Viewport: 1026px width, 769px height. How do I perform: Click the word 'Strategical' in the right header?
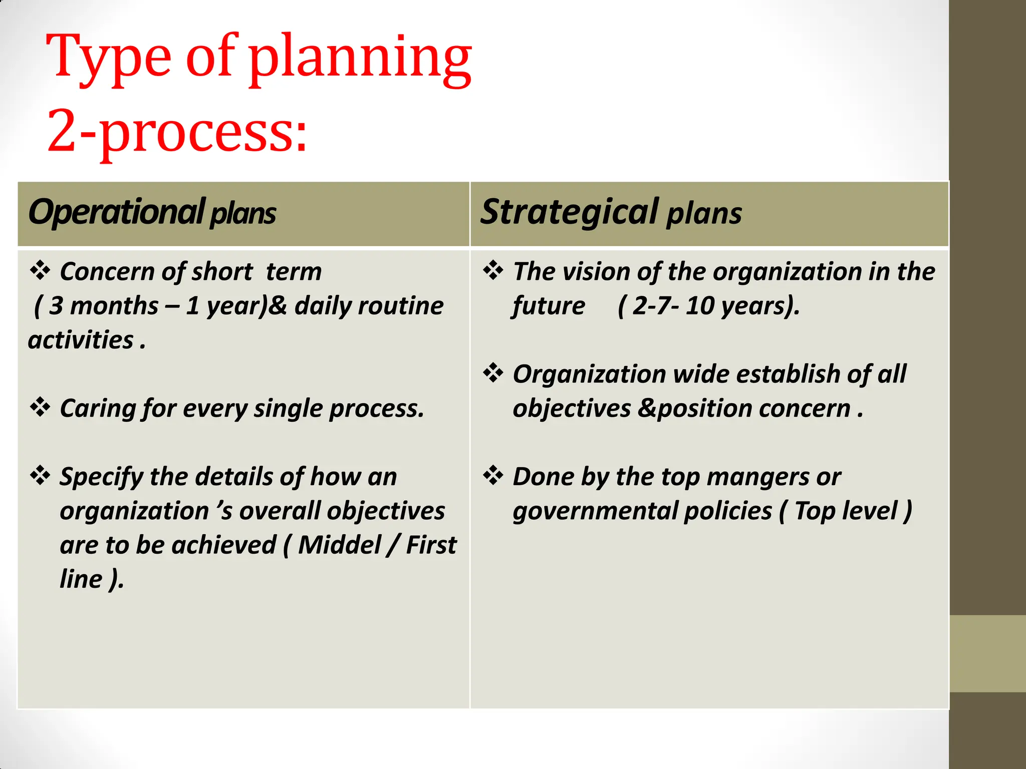click(x=569, y=212)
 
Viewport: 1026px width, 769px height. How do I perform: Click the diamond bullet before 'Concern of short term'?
click(x=40, y=271)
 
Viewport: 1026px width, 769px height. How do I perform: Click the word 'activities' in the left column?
click(x=81, y=340)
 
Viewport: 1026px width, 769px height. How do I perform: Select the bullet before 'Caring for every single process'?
click(x=40, y=408)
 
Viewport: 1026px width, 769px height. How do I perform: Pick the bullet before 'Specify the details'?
click(x=40, y=476)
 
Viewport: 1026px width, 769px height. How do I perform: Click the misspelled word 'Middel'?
click(x=340, y=545)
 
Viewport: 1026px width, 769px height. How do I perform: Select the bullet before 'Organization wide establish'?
click(x=493, y=373)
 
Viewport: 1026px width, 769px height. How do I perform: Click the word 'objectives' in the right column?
click(x=571, y=409)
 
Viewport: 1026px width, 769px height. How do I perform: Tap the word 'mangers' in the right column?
click(x=759, y=477)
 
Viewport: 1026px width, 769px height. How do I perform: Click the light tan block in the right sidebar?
click(x=987, y=653)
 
